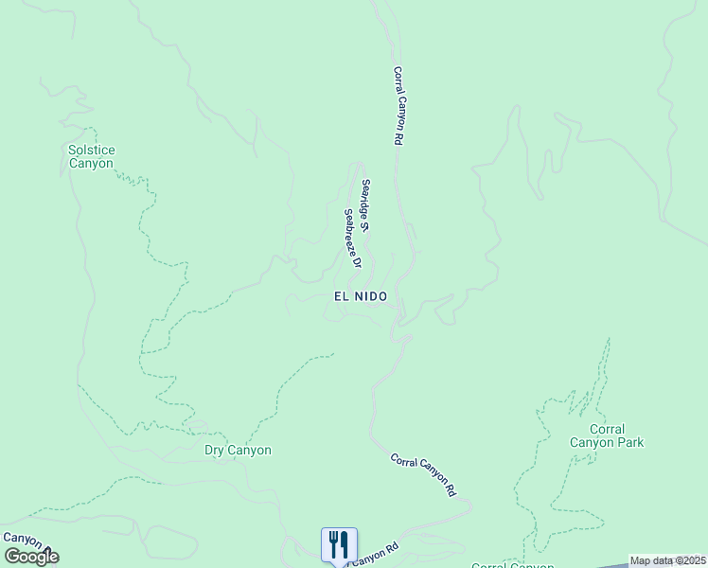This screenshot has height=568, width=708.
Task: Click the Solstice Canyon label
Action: coord(91,156)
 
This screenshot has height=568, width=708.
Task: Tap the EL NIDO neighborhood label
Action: coord(361,296)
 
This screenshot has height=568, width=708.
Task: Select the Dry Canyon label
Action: coord(238,451)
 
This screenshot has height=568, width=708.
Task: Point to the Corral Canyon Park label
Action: coord(607,435)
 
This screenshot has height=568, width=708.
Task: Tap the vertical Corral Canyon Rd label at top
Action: coord(398,104)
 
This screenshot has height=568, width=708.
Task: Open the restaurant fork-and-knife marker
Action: coord(339,544)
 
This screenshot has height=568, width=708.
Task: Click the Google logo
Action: coord(31,557)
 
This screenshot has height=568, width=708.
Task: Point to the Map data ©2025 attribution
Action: coord(667,560)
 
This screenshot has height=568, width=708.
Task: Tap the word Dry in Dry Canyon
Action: coord(215,451)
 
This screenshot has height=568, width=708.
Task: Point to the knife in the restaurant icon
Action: coord(345,544)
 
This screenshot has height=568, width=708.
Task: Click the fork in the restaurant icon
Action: coord(333,544)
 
